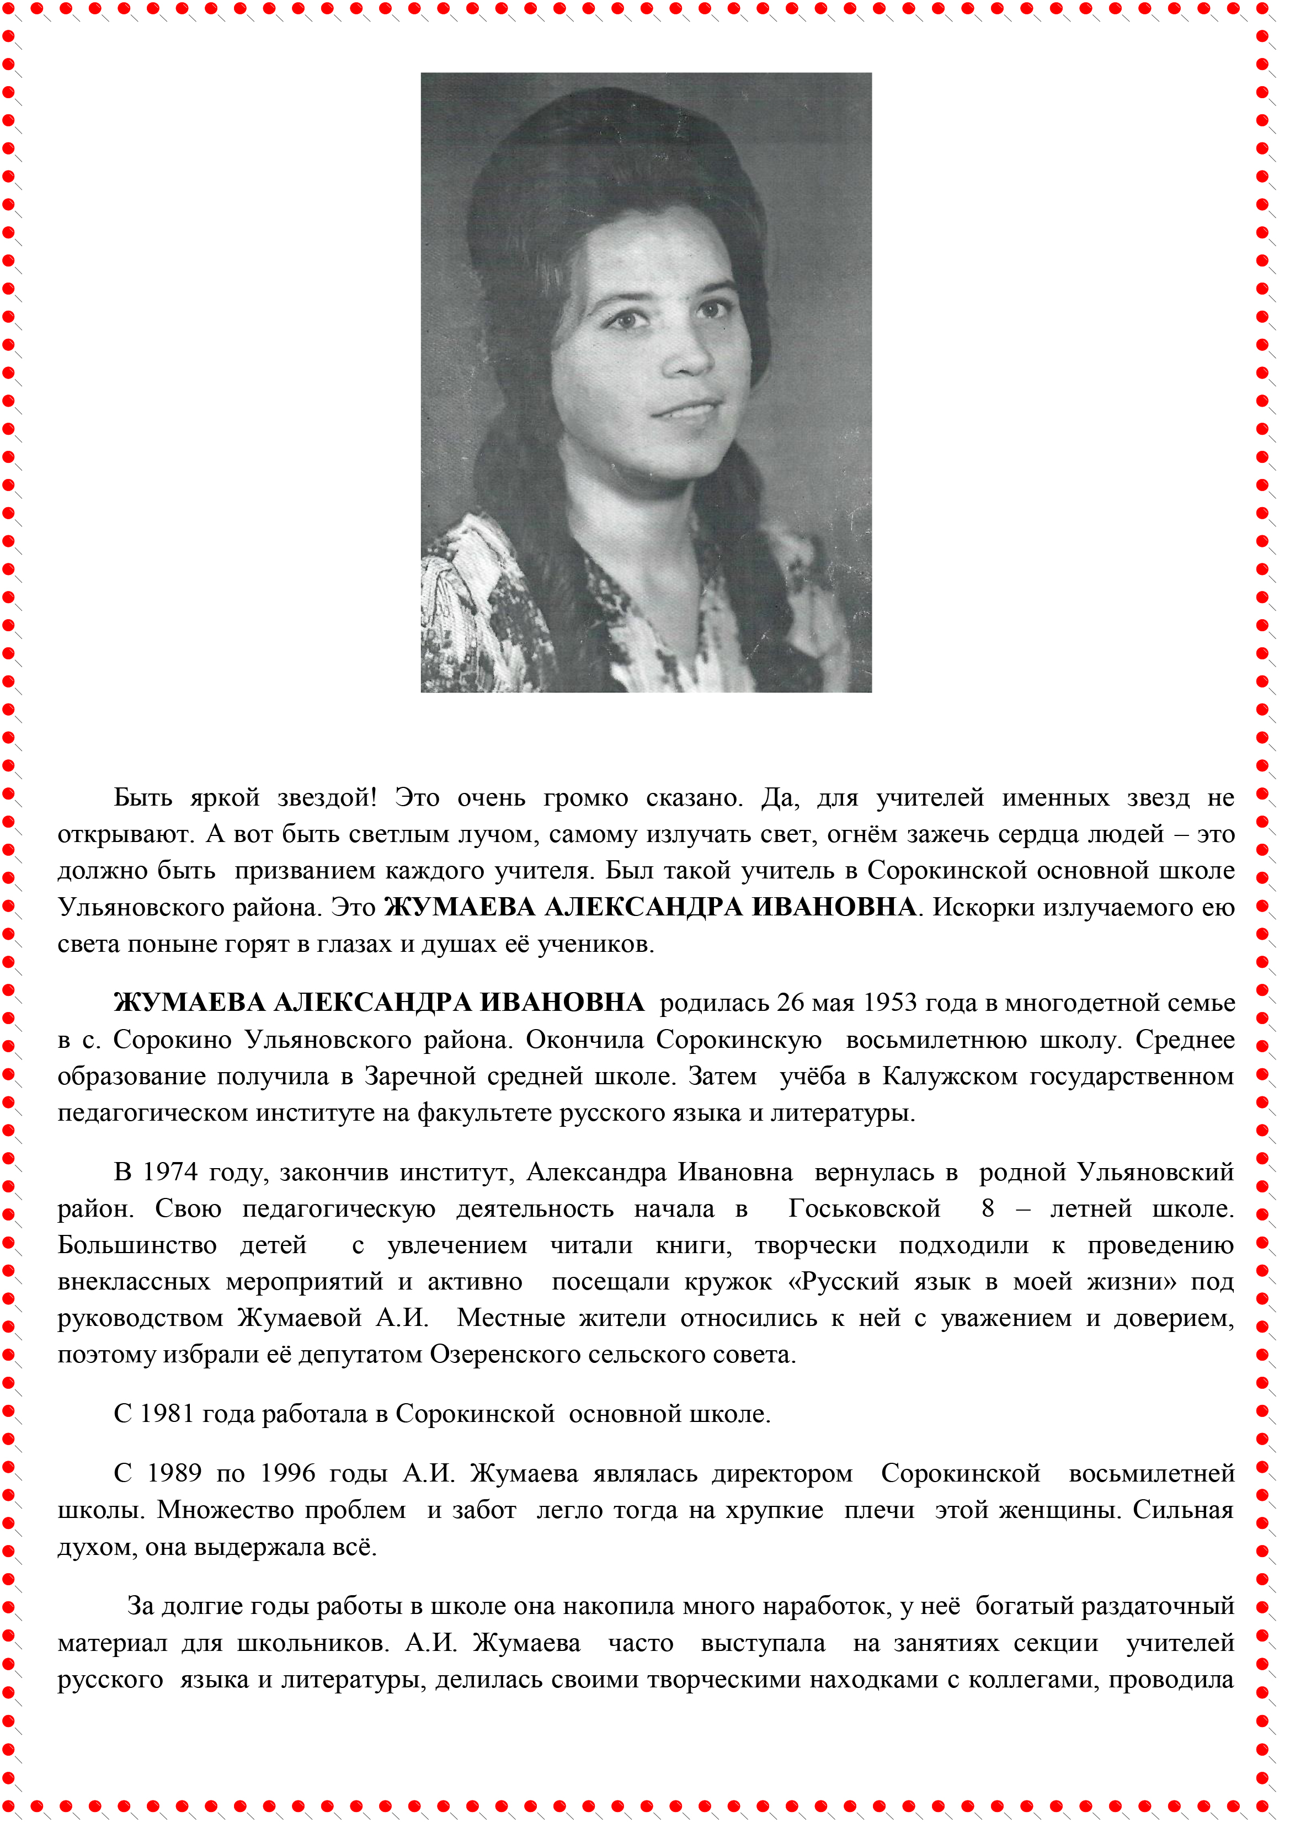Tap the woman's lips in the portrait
[688, 411]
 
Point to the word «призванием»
[305, 871]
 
